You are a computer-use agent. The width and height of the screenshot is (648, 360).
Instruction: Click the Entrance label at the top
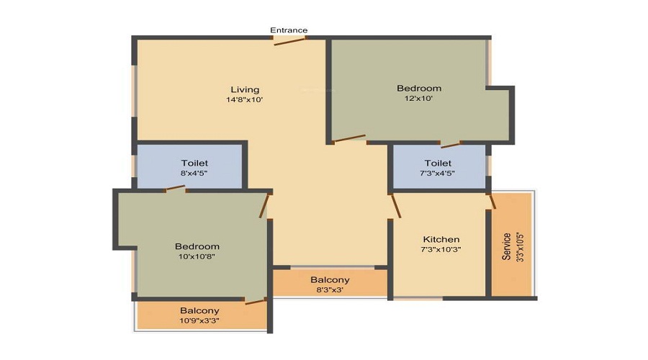point(289,30)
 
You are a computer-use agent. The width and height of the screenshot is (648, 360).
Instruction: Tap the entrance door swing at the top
point(289,41)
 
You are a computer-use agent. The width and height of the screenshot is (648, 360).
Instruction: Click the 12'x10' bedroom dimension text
point(419,99)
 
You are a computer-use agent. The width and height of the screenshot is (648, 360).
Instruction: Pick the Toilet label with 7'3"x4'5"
point(438,163)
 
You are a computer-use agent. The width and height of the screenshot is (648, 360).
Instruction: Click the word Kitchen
point(441,239)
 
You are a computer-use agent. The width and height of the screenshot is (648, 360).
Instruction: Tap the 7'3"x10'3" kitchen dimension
point(441,250)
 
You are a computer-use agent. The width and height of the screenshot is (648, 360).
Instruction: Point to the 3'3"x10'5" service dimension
point(518,247)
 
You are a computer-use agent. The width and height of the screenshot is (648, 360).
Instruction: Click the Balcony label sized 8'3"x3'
point(330,279)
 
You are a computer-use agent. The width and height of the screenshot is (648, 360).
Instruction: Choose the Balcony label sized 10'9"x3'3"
point(199,310)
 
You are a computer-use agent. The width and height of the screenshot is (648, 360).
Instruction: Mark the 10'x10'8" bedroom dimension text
point(197,256)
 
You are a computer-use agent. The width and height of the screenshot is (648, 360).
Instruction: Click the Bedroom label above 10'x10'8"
point(197,246)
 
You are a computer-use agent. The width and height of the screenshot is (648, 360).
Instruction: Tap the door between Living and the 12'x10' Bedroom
point(350,138)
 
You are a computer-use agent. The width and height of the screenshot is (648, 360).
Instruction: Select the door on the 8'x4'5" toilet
point(175,189)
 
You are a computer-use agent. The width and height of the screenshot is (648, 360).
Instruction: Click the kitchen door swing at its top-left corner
point(395,206)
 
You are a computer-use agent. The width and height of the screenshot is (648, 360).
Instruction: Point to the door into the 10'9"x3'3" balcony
point(255,301)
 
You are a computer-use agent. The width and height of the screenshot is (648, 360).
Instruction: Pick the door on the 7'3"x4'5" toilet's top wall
point(451,145)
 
